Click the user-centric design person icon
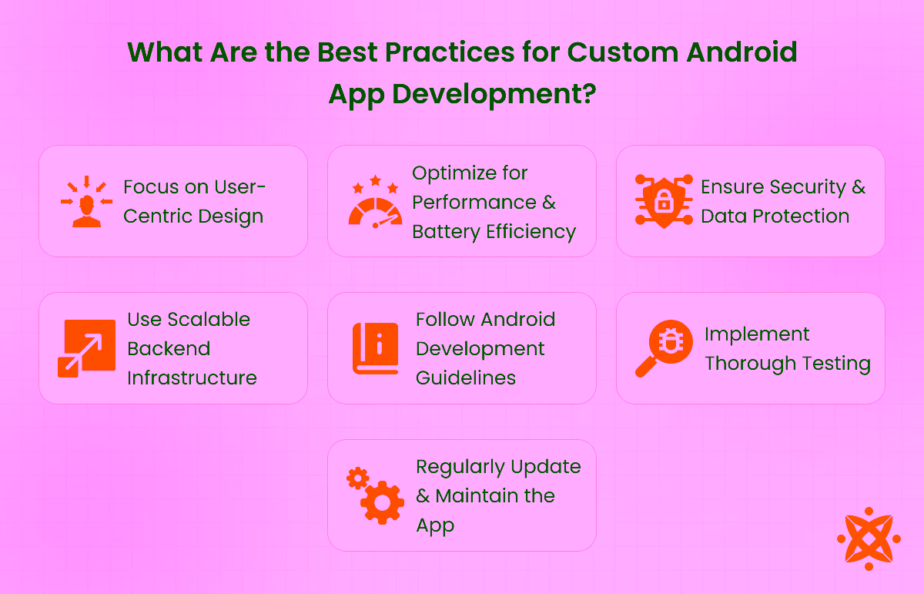pyautogui.click(x=85, y=203)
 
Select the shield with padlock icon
pyautogui.click(x=663, y=202)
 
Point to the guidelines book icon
pyautogui.click(x=375, y=349)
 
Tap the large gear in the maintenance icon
pyautogui.click(x=383, y=503)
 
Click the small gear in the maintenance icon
pyautogui.click(x=357, y=478)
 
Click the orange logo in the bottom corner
pyautogui.click(x=869, y=538)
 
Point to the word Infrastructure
pyautogui.click(x=192, y=378)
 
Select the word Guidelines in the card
pyautogui.click(x=466, y=378)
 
